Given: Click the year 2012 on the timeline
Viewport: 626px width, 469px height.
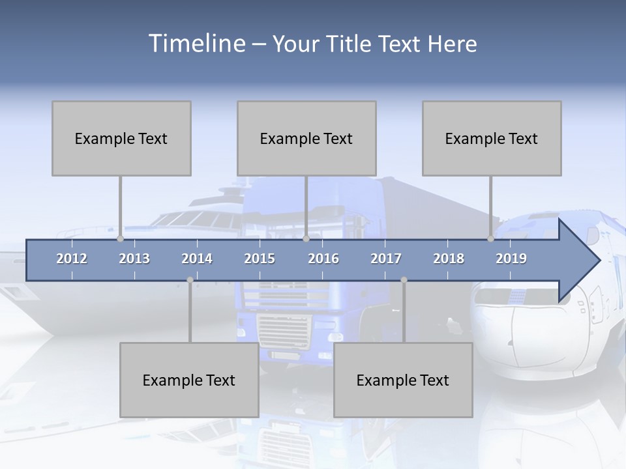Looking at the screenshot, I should coord(72,259).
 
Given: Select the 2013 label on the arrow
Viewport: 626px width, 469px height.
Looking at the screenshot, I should coord(134,259).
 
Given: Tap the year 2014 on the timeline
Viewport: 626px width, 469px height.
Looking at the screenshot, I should coord(197,259).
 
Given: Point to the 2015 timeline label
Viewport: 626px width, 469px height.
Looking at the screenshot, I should coord(260,259).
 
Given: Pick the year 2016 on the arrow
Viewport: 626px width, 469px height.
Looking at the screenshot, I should coord(323,259).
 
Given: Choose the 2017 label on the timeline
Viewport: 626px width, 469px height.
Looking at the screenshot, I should coord(386,259).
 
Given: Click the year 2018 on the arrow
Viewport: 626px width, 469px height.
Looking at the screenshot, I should coord(449,259).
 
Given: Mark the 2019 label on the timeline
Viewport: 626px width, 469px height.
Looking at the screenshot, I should coord(511,259).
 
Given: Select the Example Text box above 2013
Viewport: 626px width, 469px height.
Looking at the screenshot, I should coord(121,138).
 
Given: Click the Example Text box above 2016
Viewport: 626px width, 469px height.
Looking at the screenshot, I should coord(306,138).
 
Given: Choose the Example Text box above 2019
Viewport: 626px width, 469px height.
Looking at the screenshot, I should coord(492,138).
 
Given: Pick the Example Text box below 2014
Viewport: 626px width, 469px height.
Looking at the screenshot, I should coord(189,380).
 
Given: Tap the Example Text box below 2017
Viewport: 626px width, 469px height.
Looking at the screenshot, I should coord(403,380).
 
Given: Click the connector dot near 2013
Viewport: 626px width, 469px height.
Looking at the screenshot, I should coord(121,239).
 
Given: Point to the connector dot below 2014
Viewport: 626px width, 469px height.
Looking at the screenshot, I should coord(190,280).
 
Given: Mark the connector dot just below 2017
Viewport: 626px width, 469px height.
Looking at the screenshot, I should coord(404,280).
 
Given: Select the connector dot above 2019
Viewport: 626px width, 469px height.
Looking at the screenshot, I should coord(491,239).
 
